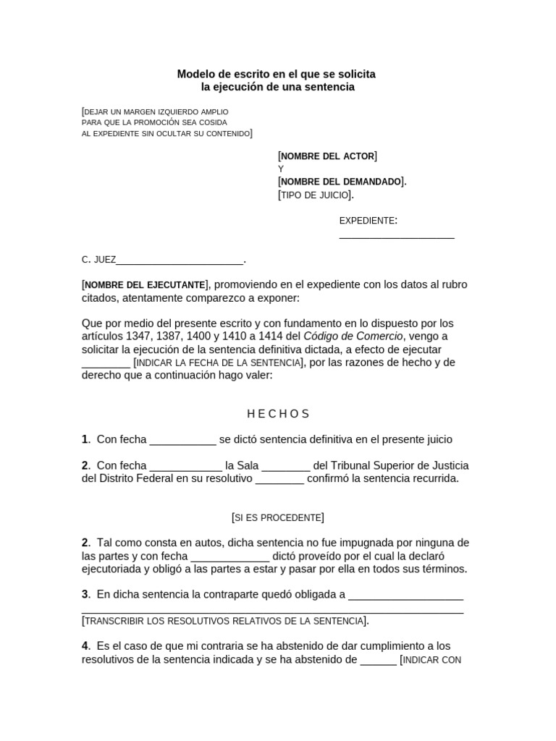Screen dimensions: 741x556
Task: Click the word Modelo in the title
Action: point(196,74)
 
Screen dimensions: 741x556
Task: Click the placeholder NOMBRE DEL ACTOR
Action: point(327,156)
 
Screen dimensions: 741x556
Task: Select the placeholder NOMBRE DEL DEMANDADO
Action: point(342,182)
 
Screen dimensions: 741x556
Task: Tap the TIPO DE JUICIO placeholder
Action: point(316,195)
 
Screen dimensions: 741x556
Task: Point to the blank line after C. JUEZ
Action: point(180,261)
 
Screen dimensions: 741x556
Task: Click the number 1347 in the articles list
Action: point(138,336)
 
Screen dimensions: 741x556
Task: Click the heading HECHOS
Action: point(278,414)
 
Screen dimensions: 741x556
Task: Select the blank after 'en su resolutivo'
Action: point(279,480)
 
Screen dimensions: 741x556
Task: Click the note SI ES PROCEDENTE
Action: point(277,517)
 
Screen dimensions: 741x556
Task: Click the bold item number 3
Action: point(85,595)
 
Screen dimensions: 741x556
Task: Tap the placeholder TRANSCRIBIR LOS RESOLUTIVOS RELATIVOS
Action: point(224,621)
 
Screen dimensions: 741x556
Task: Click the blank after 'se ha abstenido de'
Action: point(378,660)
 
